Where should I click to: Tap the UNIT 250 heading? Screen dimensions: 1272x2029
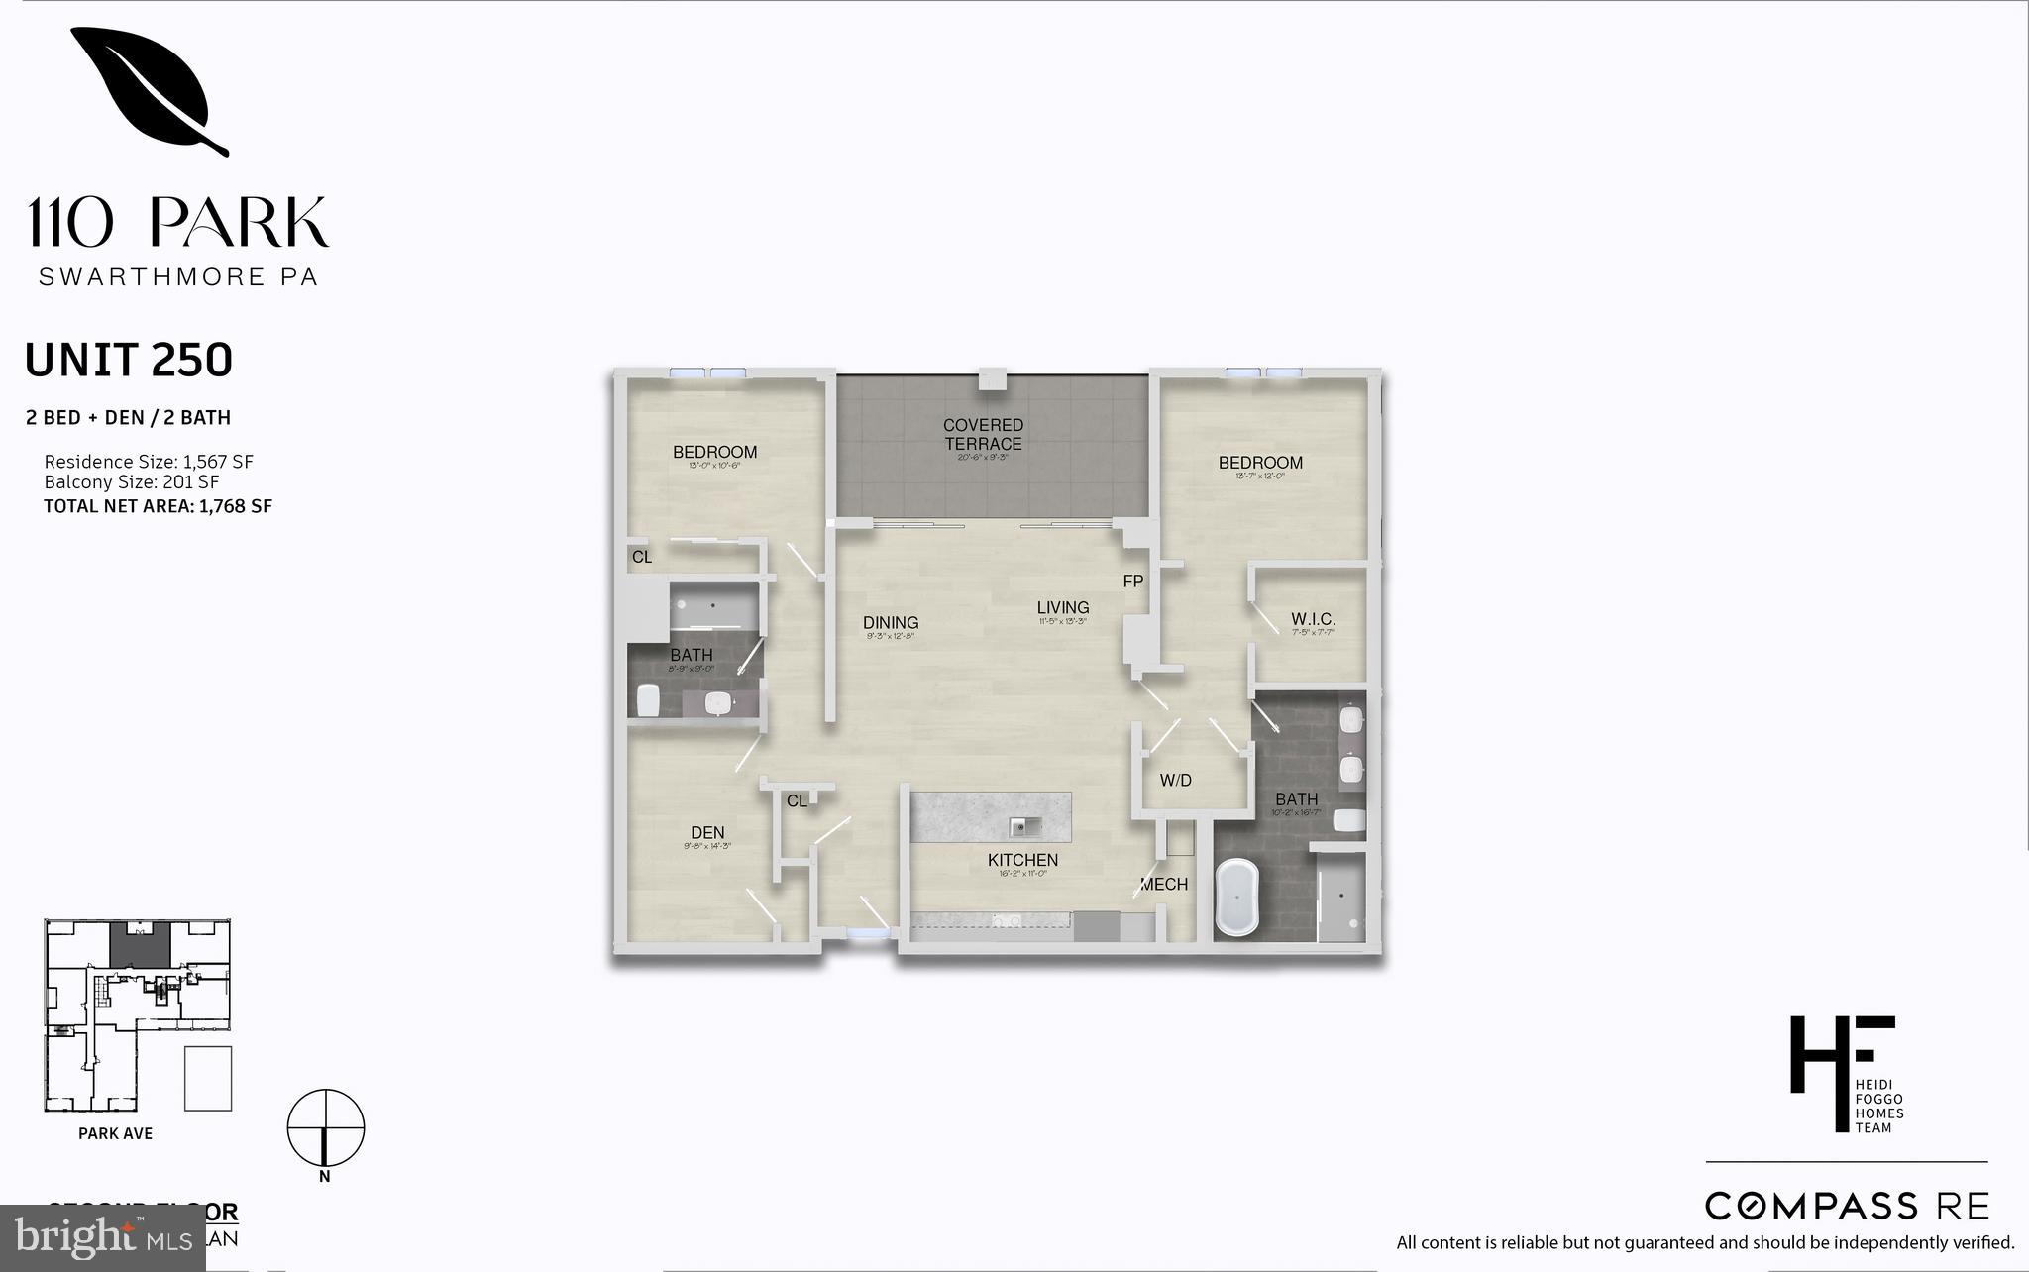129,361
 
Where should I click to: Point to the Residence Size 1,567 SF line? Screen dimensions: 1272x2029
149,462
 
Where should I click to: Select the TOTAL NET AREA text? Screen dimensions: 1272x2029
158,506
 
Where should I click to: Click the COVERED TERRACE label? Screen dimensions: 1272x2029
983,434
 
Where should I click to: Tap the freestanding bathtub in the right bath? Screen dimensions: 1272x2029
1235,898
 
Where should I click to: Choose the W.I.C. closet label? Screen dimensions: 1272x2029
1313,619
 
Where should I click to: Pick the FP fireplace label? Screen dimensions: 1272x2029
1133,582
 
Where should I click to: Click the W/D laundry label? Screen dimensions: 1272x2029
1175,781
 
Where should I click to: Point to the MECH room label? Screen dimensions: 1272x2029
1163,885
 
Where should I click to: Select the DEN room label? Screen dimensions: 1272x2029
707,833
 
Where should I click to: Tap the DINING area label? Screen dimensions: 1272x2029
891,623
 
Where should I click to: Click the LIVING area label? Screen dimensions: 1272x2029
1063,608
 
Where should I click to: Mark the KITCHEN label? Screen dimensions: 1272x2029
1022,861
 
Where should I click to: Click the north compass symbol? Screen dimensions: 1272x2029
326,1128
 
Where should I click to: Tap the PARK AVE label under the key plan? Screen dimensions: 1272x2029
116,1133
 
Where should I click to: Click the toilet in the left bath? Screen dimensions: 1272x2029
649,699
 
